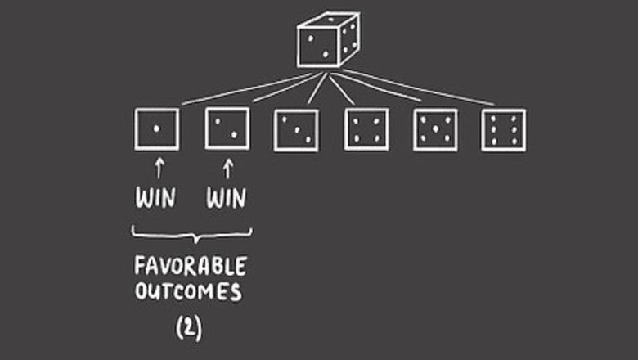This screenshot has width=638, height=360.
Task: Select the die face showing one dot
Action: (156, 129)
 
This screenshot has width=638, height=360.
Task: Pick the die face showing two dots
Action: (227, 129)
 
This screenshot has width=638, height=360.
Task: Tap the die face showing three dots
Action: (296, 130)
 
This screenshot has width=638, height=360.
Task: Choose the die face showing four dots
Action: (366, 130)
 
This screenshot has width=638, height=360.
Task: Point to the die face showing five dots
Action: (435, 130)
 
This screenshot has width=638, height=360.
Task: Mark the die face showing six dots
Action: (504, 130)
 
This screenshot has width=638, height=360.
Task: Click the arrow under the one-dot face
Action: (159, 169)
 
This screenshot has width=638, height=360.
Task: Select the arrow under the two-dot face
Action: (228, 169)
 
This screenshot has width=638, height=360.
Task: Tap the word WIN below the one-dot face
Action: (155, 199)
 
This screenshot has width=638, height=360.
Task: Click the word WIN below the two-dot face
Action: (227, 199)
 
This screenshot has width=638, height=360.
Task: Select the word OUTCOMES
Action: (190, 292)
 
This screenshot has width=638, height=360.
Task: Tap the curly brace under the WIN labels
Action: (191, 235)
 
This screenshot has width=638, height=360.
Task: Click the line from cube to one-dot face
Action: (245, 90)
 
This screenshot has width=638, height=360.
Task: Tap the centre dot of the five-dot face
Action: (435, 130)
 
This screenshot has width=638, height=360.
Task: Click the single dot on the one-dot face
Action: (156, 129)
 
